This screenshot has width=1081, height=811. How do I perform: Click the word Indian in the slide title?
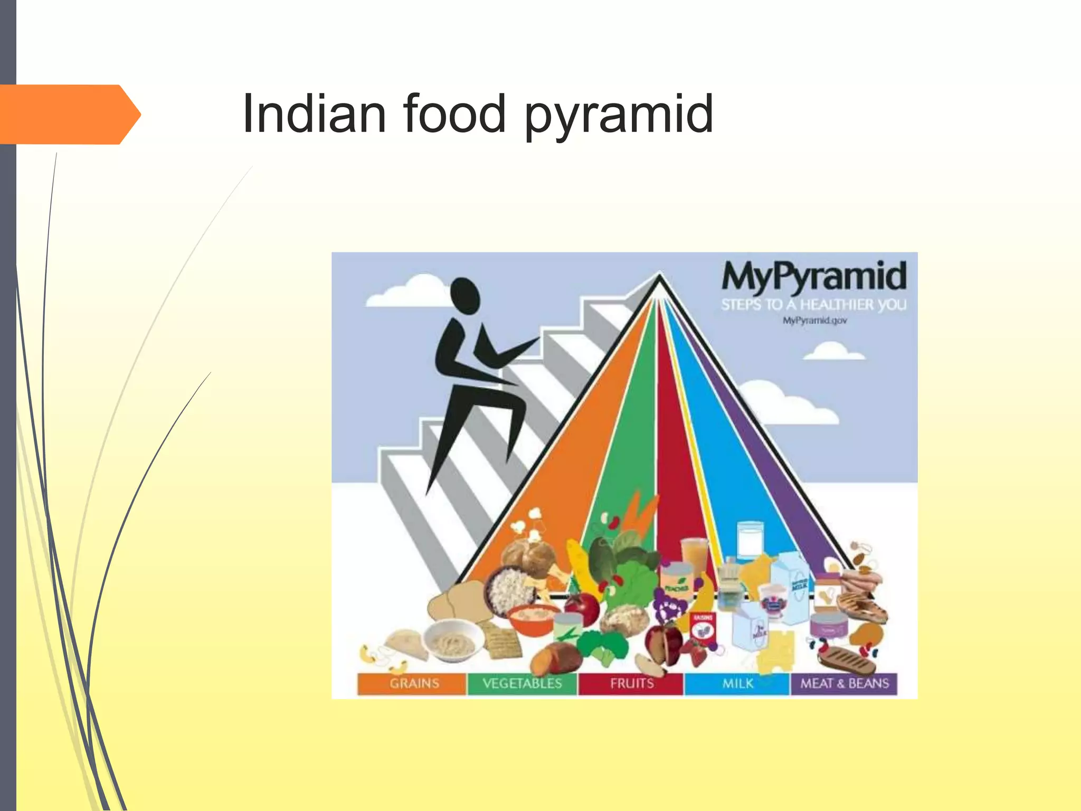coord(315,114)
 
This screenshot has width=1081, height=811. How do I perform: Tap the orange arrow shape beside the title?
coord(69,115)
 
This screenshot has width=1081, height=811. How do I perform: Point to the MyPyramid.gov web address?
coord(814,320)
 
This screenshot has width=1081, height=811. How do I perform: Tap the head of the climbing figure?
coord(465,297)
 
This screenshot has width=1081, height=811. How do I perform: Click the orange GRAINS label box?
coord(413,683)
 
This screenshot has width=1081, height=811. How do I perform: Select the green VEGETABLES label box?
coord(522,683)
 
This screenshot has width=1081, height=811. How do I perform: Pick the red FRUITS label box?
coord(631,683)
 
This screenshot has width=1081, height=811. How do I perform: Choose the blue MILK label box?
coord(737,683)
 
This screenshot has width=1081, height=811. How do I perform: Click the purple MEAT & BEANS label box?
coord(843,683)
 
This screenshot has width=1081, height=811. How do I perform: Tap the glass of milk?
coord(750,540)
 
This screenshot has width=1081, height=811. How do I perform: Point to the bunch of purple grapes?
coord(668,605)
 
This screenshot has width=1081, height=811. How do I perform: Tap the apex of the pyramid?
coord(659,275)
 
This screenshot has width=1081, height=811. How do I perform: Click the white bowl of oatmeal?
coord(453,642)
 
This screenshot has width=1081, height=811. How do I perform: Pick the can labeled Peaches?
coord(676,581)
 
